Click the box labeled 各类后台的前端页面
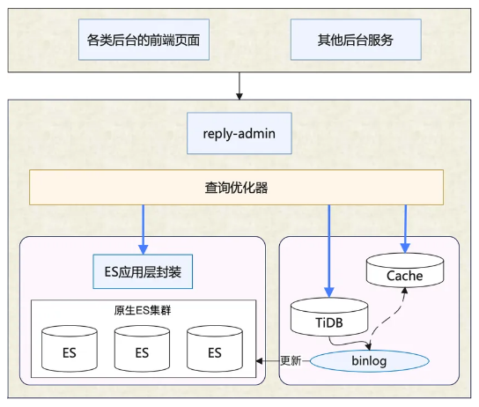pyautogui.click(x=144, y=40)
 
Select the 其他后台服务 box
pyautogui.click(x=356, y=40)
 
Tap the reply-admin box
pyautogui.click(x=239, y=133)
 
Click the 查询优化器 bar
pyautogui.click(x=236, y=188)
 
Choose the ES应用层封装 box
pyautogui.click(x=143, y=271)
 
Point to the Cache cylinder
pyautogui.click(x=405, y=270)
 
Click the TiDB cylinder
pyautogui.click(x=329, y=317)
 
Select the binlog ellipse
pyautogui.click(x=369, y=361)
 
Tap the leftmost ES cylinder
pyautogui.click(x=70, y=349)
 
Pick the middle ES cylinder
pyautogui.click(x=142, y=349)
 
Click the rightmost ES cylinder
pyautogui.click(x=215, y=349)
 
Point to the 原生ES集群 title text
pyautogui.click(x=143, y=310)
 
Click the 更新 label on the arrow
pyautogui.click(x=291, y=360)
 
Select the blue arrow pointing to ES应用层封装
pyautogui.click(x=143, y=229)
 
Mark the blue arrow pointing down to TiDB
pyautogui.click(x=329, y=251)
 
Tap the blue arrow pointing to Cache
pyautogui.click(x=405, y=229)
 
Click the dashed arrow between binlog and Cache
pyautogui.click(x=389, y=320)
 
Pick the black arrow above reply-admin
pyautogui.click(x=239, y=85)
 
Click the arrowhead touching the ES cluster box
pyautogui.click(x=259, y=361)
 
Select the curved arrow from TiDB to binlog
pyautogui.click(x=349, y=344)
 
